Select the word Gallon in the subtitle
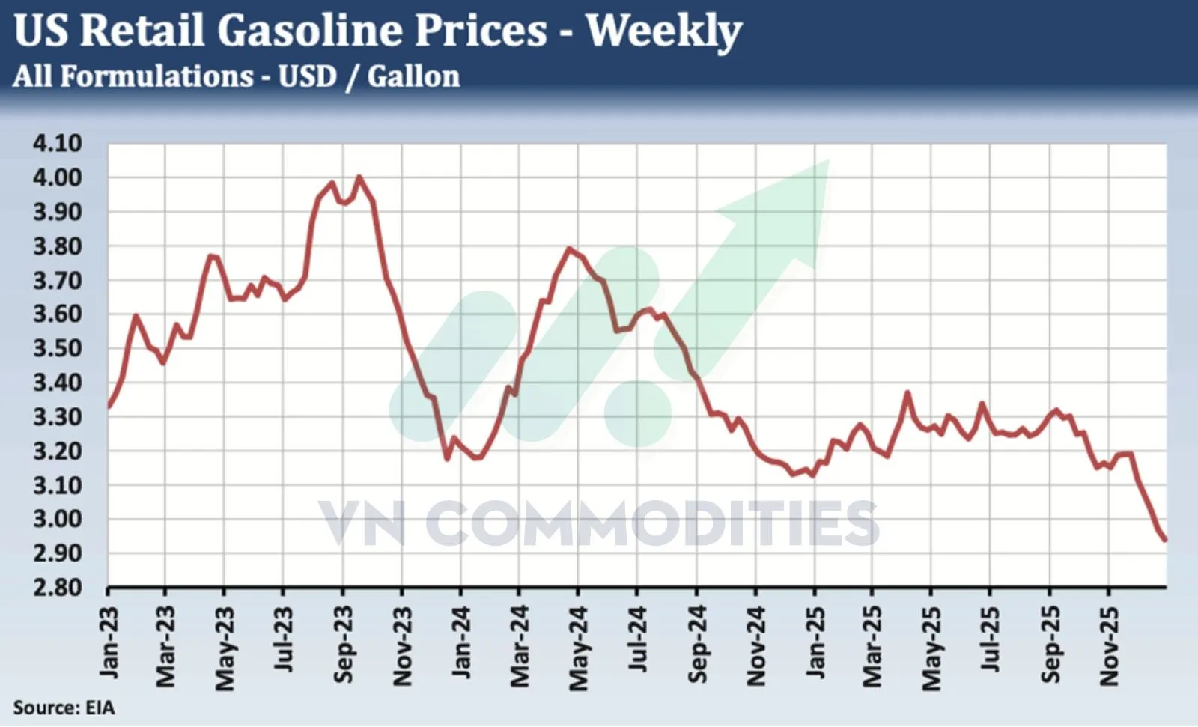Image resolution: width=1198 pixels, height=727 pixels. [413, 76]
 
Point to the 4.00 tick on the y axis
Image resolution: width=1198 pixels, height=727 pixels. [57, 178]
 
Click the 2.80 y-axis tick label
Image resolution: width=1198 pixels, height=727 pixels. [57, 587]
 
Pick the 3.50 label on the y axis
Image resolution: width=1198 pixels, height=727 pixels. [57, 348]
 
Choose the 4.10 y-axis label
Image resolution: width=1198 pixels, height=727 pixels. [57, 143]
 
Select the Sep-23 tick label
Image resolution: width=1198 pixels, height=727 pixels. [343, 645]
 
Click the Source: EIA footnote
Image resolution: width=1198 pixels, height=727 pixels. [64, 708]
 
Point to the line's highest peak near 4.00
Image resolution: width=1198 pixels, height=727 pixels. [359, 177]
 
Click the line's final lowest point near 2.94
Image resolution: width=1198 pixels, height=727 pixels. [1165, 539]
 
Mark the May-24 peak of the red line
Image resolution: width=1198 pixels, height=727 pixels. [569, 249]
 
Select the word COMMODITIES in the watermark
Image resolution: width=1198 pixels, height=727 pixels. [651, 524]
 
